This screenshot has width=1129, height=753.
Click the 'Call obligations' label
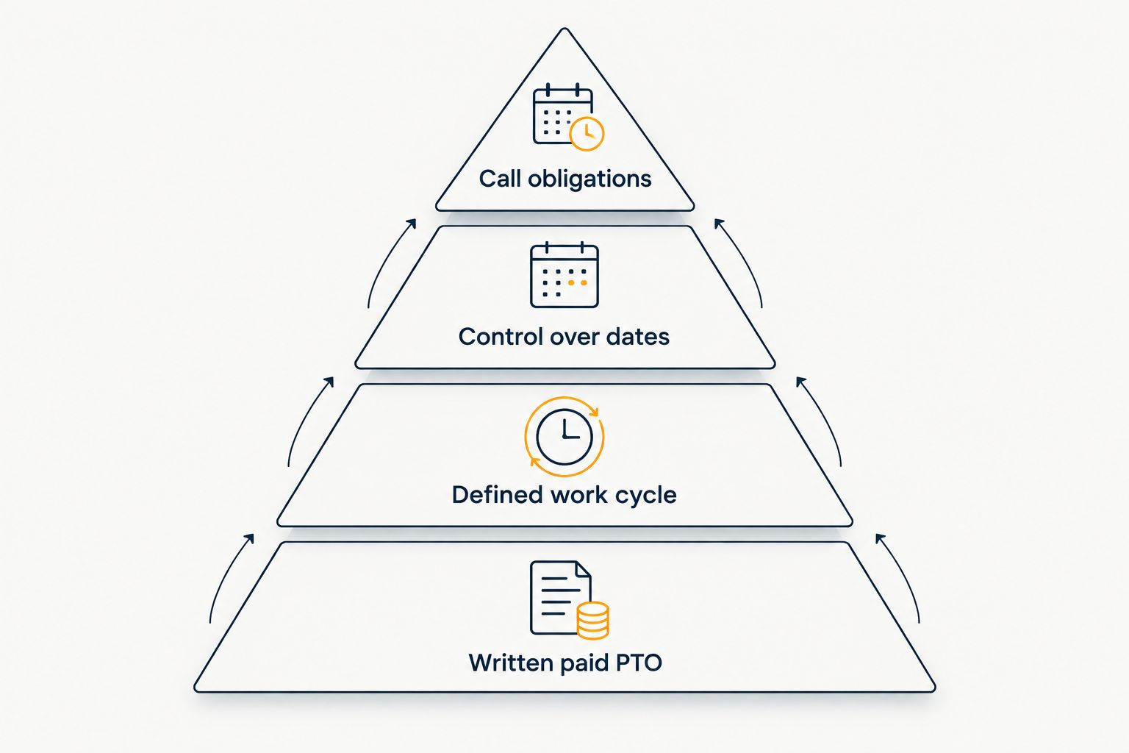click(x=565, y=179)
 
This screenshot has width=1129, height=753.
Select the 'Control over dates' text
click(x=564, y=336)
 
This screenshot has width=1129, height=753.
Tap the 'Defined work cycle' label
click(x=564, y=495)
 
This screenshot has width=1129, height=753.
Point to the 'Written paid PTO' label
click(x=565, y=663)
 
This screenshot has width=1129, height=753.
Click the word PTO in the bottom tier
click(x=639, y=663)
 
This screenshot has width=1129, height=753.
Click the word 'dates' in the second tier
click(x=637, y=336)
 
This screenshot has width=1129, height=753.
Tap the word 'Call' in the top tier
click(x=500, y=179)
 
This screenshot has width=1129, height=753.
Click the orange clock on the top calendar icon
click(x=587, y=134)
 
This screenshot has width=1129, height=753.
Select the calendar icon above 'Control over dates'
click(x=564, y=275)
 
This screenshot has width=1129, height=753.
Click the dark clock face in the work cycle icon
click(x=564, y=437)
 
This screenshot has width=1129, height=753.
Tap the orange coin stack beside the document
click(x=592, y=621)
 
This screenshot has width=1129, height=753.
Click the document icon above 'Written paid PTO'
click(x=561, y=598)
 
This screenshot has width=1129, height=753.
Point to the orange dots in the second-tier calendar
click(x=578, y=283)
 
